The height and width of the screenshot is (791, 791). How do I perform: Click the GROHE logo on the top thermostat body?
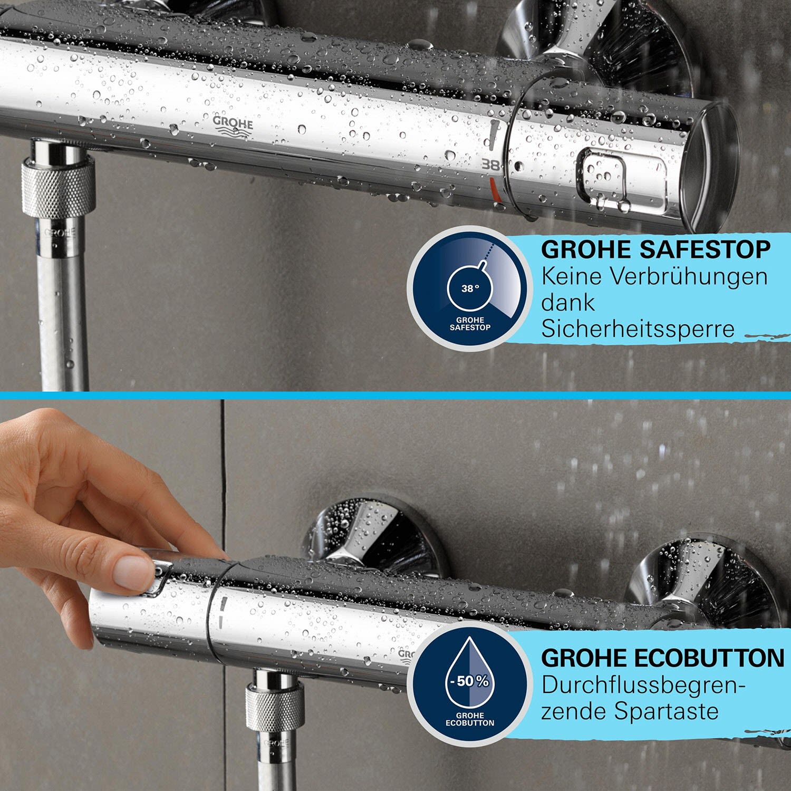point(233,127)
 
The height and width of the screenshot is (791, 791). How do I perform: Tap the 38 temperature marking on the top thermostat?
point(490,165)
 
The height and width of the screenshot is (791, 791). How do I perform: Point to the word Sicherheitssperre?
point(638,329)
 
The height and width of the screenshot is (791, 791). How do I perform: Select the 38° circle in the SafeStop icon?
point(470,288)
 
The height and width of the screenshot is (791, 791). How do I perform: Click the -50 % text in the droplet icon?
point(469,681)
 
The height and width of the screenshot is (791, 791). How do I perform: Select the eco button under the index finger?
point(158,575)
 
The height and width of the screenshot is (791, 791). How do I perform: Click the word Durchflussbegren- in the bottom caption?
point(643,686)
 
